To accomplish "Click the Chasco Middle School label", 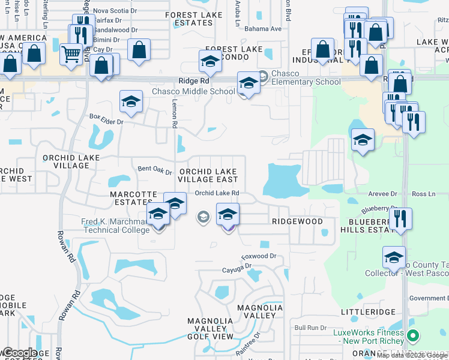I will pos(193,91).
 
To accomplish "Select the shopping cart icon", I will pos(71,55).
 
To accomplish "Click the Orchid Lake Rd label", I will pos(217,193).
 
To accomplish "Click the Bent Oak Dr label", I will pos(155,170).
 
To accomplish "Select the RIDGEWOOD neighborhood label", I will pos(297,221).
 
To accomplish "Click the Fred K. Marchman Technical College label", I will pos(115,226).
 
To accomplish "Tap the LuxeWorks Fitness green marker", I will pos(412,335).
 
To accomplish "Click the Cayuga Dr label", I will pos(236,270).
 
